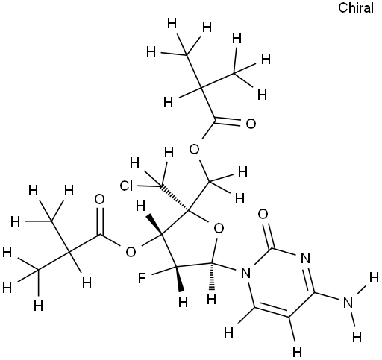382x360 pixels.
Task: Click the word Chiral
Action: tap(356, 7)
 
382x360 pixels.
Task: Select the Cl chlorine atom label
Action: tap(127, 186)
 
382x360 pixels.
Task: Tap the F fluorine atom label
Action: tap(142, 278)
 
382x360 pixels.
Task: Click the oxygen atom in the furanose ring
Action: tap(219, 229)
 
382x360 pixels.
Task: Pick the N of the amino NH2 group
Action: tap(348, 303)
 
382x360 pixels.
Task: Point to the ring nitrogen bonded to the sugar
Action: tap(245, 274)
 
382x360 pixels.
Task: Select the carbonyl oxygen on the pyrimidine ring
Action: tap(263, 214)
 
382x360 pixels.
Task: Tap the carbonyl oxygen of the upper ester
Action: tap(251, 124)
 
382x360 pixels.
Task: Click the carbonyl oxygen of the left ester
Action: tap(100, 200)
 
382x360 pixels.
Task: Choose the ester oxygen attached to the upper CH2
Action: tap(194, 150)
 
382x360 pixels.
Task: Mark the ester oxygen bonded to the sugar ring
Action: tap(131, 252)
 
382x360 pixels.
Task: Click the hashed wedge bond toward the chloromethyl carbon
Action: tap(175, 198)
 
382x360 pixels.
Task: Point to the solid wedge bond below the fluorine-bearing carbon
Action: tap(179, 279)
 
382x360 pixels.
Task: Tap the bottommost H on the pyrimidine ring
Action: tap(297, 352)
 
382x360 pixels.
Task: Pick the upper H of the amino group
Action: tap(374, 277)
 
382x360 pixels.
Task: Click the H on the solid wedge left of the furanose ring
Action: tap(141, 206)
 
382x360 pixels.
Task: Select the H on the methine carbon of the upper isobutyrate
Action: tap(169, 102)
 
